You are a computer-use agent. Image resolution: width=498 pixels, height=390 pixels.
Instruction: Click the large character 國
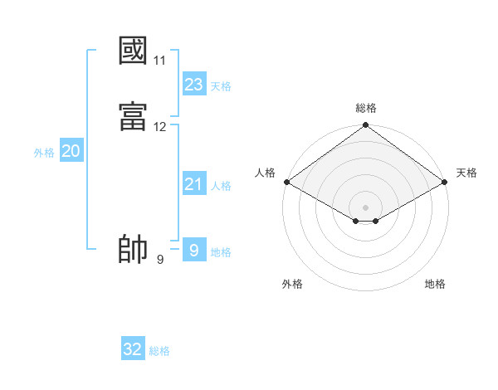134,51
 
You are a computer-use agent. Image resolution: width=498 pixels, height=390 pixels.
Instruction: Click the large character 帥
134,250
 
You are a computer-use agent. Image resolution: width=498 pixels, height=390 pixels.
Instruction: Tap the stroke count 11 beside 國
160,61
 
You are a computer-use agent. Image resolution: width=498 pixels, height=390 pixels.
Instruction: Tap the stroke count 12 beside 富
160,127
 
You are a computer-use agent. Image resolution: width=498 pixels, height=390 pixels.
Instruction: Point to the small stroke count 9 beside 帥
160,260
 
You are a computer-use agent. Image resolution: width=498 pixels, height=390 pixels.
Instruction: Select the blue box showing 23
194,85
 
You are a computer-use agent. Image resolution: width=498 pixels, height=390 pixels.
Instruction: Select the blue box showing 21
194,184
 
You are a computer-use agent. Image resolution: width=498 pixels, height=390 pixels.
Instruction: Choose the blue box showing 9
194,250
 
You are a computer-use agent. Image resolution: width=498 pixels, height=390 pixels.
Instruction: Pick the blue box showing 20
71,151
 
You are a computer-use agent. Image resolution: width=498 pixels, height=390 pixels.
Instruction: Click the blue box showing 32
133,349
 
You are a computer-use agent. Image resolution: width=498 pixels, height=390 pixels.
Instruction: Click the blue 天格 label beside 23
221,86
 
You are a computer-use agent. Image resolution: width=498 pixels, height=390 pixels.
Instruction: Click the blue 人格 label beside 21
221,186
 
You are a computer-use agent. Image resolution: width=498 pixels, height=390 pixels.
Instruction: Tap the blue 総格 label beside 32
159,351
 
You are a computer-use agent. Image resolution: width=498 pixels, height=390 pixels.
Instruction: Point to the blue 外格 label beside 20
44,153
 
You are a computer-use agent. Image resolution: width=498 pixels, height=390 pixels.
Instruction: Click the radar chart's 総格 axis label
366,108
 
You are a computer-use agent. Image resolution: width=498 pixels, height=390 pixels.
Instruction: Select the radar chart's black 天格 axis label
466,173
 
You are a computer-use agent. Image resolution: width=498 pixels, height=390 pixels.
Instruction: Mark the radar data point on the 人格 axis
286,182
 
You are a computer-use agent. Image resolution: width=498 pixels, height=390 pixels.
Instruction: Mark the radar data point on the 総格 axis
366,126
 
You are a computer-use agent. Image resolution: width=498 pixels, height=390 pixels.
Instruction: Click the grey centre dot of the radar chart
366,207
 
